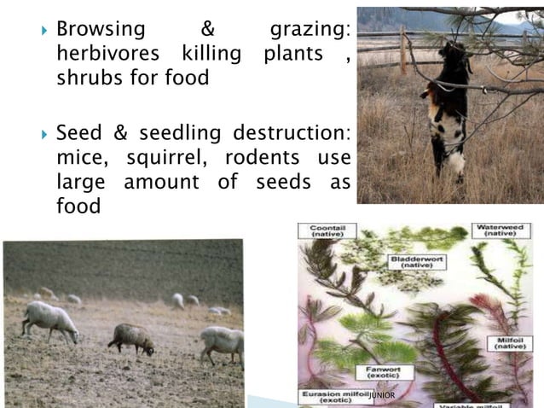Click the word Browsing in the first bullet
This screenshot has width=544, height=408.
(101, 29)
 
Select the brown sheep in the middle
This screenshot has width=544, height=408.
(131, 338)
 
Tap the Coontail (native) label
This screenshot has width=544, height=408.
(328, 231)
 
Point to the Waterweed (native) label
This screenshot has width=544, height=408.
(503, 230)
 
